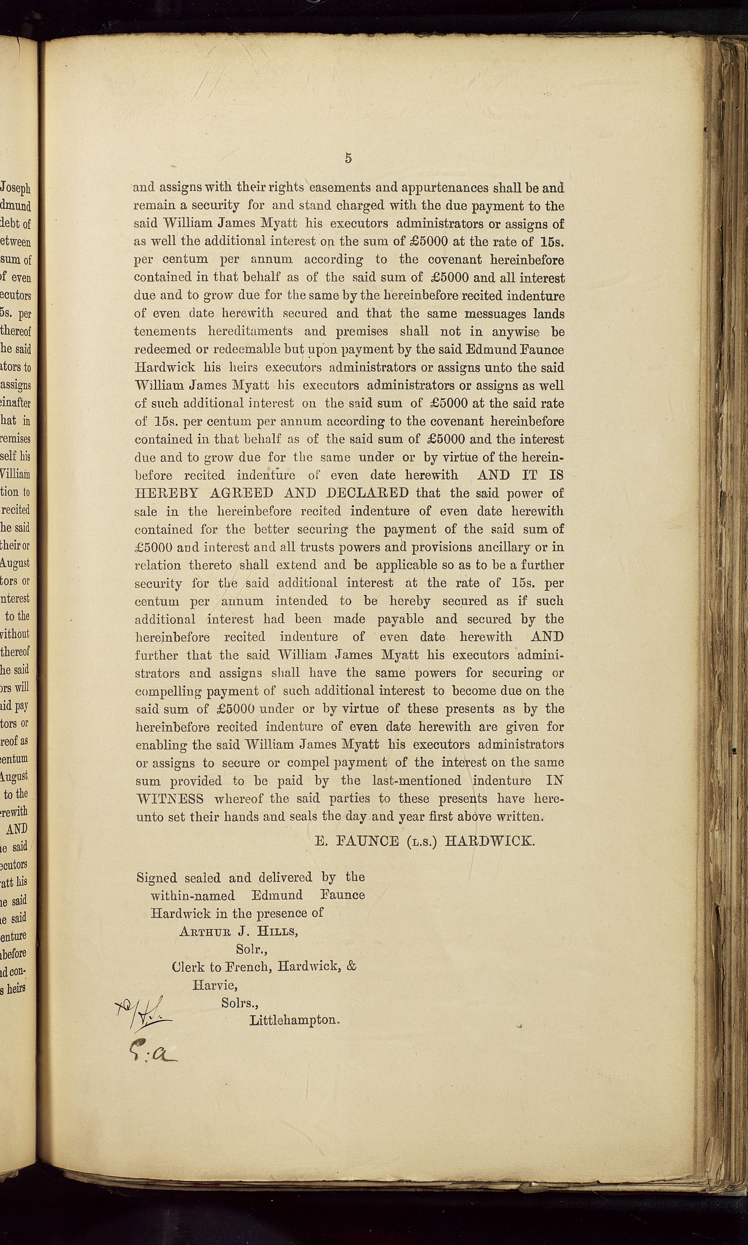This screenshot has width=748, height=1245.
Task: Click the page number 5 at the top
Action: (348, 158)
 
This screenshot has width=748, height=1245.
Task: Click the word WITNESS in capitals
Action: (170, 799)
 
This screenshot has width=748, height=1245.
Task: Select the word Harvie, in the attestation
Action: (215, 985)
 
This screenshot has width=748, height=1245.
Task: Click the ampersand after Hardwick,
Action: (351, 967)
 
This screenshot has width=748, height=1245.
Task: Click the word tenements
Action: (165, 331)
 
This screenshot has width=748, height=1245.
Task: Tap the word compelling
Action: (169, 691)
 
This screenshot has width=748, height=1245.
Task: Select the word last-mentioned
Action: (416, 780)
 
